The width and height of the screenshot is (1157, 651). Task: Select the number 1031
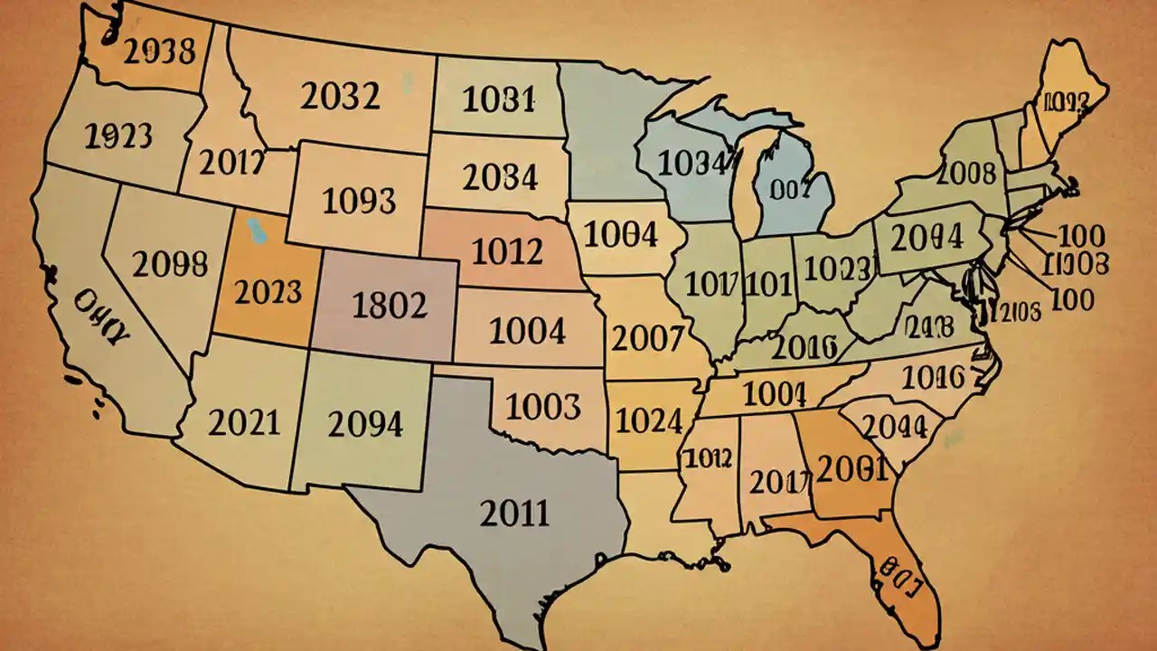point(499,99)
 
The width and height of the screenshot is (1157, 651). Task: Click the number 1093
point(359,200)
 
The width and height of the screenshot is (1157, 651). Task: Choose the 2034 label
point(500,176)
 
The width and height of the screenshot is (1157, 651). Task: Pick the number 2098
point(170,264)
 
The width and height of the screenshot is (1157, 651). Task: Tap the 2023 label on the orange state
point(268,292)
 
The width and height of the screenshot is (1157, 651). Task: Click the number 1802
point(389,307)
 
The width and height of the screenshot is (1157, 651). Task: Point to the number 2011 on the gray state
point(514,513)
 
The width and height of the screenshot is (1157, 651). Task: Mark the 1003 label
point(542,407)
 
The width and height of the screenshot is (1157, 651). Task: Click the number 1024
point(648,420)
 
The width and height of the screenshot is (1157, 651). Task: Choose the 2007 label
point(647,338)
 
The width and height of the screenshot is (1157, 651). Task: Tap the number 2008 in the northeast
point(967,173)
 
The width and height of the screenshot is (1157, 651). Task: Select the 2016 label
point(807,346)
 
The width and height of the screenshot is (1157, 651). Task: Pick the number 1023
point(837,268)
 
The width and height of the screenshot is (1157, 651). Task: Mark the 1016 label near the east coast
point(934,378)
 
